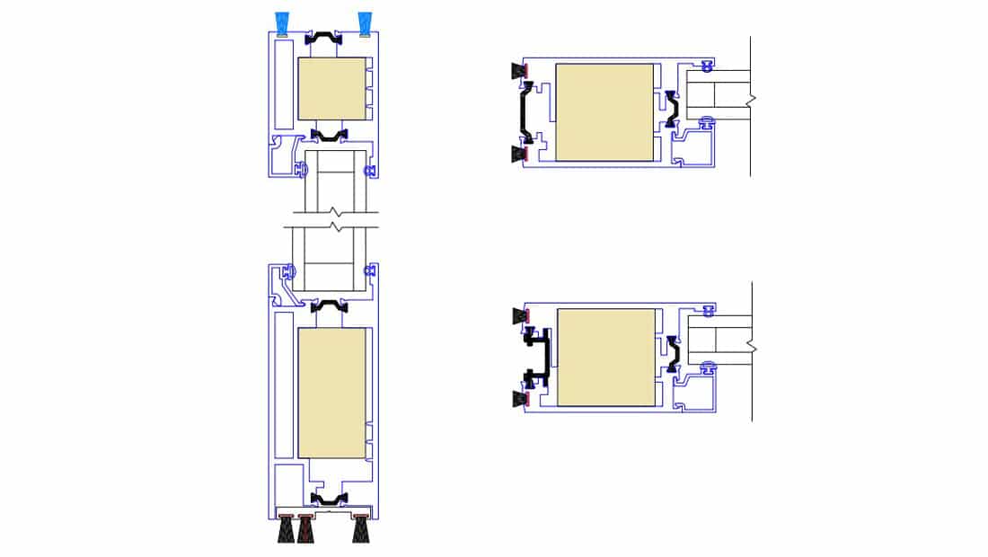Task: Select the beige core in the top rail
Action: [x=331, y=89]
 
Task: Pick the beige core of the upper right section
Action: [x=604, y=112]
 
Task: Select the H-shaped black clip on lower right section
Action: [x=538, y=356]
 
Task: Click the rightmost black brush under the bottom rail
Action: [x=362, y=530]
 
